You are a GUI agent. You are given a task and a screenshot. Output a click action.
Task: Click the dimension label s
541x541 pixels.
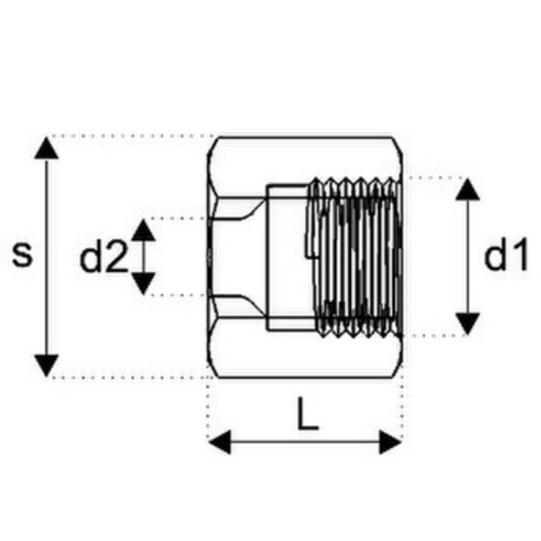[x=22, y=255]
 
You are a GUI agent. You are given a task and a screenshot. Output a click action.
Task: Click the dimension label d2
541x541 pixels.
[x=104, y=256]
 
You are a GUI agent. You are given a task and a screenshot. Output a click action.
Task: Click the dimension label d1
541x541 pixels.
[x=506, y=254]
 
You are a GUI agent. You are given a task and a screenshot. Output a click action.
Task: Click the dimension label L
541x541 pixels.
[x=308, y=414]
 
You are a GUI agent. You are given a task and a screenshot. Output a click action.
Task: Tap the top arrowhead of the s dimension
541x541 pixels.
[x=47, y=147]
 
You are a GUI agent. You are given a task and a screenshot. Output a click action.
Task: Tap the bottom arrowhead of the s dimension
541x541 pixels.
[x=47, y=366]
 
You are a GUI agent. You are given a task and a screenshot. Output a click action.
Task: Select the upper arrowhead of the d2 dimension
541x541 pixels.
[x=143, y=230]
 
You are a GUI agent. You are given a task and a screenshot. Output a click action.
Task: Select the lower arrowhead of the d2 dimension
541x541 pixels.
[x=143, y=283]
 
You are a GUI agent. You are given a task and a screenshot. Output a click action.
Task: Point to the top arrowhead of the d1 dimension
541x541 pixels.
[x=467, y=189]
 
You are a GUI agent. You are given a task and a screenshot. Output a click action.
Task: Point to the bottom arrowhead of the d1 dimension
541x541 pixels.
[x=467, y=324]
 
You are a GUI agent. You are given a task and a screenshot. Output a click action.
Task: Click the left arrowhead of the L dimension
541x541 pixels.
[x=220, y=442]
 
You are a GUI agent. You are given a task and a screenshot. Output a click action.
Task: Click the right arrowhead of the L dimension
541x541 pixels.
[x=390, y=442]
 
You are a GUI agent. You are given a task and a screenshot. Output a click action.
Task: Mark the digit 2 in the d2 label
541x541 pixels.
[x=116, y=256]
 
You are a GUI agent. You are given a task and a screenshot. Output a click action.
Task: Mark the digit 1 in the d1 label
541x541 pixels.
[x=520, y=254]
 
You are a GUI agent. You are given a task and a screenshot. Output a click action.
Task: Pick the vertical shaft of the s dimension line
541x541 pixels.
[x=47, y=257]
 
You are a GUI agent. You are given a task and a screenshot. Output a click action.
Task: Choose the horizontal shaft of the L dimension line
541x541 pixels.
[x=305, y=442]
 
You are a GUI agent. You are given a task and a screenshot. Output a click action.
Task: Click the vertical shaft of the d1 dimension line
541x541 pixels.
[x=467, y=257]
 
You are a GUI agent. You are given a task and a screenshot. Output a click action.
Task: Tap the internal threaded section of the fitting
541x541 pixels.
[x=356, y=257]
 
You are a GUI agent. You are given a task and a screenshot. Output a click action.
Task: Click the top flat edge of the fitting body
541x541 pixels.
[x=305, y=137]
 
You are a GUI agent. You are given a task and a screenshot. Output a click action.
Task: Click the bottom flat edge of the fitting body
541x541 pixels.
[x=305, y=378]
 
